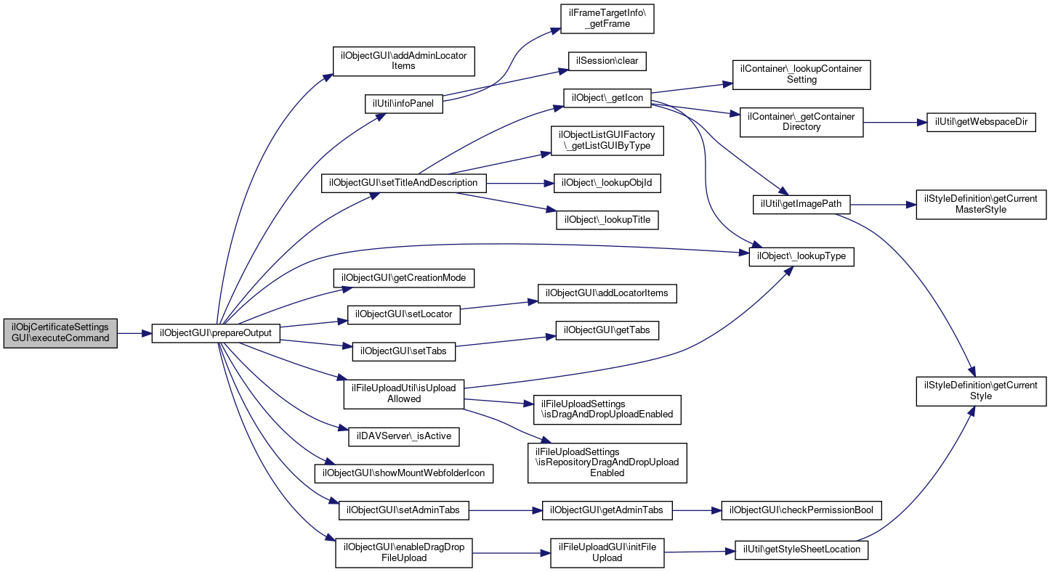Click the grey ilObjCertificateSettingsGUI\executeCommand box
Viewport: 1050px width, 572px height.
pyautogui.click(x=60, y=333)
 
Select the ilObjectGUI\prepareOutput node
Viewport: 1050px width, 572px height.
pyautogui.click(x=216, y=333)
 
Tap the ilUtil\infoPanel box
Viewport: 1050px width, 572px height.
pyautogui.click(x=403, y=104)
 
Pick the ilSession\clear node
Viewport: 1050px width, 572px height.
pyautogui.click(x=607, y=61)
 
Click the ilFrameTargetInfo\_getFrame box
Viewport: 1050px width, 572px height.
pyautogui.click(x=607, y=19)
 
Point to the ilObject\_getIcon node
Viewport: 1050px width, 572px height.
pyautogui.click(x=607, y=98)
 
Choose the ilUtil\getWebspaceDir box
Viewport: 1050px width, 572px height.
pyautogui.click(x=981, y=122)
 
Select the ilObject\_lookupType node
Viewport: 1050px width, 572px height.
pyautogui.click(x=801, y=256)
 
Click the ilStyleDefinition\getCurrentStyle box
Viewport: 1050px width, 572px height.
pyautogui.click(x=981, y=391)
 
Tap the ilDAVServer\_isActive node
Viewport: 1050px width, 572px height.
pyautogui.click(x=403, y=436)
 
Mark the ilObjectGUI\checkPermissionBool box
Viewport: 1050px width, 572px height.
pyautogui.click(x=801, y=510)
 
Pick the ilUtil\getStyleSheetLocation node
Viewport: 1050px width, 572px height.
pyautogui.click(x=801, y=549)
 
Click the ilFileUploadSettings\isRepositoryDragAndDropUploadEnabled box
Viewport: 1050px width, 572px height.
pyautogui.click(x=607, y=463)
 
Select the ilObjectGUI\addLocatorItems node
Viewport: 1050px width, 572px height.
pyautogui.click(x=607, y=293)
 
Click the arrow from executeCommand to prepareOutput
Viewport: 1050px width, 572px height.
pyautogui.click(x=134, y=333)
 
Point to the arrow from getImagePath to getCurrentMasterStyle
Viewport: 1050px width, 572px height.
pyautogui.click(x=883, y=205)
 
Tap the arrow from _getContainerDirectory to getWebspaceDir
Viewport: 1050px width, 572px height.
pyautogui.click(x=894, y=122)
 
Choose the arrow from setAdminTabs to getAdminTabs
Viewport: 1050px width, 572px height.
pyautogui.click(x=505, y=510)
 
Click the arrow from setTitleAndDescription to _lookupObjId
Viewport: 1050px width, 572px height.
pyautogui.click(x=520, y=184)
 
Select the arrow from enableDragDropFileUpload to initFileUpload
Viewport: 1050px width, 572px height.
pyautogui.click(x=512, y=553)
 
